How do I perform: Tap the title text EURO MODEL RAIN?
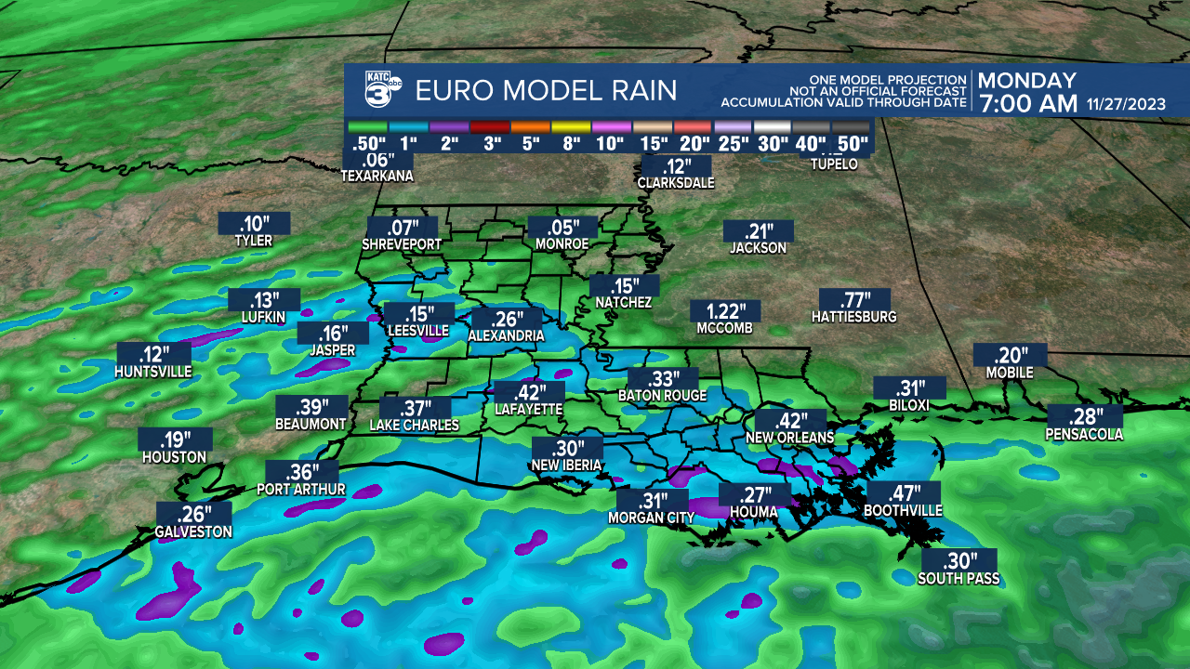[546, 91]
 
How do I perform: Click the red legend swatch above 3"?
[490, 126]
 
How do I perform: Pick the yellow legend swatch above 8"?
[571, 126]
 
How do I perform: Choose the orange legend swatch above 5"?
[530, 126]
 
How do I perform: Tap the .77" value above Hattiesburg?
[855, 300]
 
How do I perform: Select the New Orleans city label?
[789, 438]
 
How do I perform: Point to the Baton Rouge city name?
[662, 396]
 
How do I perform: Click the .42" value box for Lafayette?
[528, 391]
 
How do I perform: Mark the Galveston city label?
[193, 532]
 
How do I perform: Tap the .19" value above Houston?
[175, 439]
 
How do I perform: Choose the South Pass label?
[959, 579]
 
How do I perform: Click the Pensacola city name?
[1084, 434]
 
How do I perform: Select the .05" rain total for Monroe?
[562, 227]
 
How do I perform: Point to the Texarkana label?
[377, 176]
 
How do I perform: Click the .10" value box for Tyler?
[254, 223]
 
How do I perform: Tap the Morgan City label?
[652, 518]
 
